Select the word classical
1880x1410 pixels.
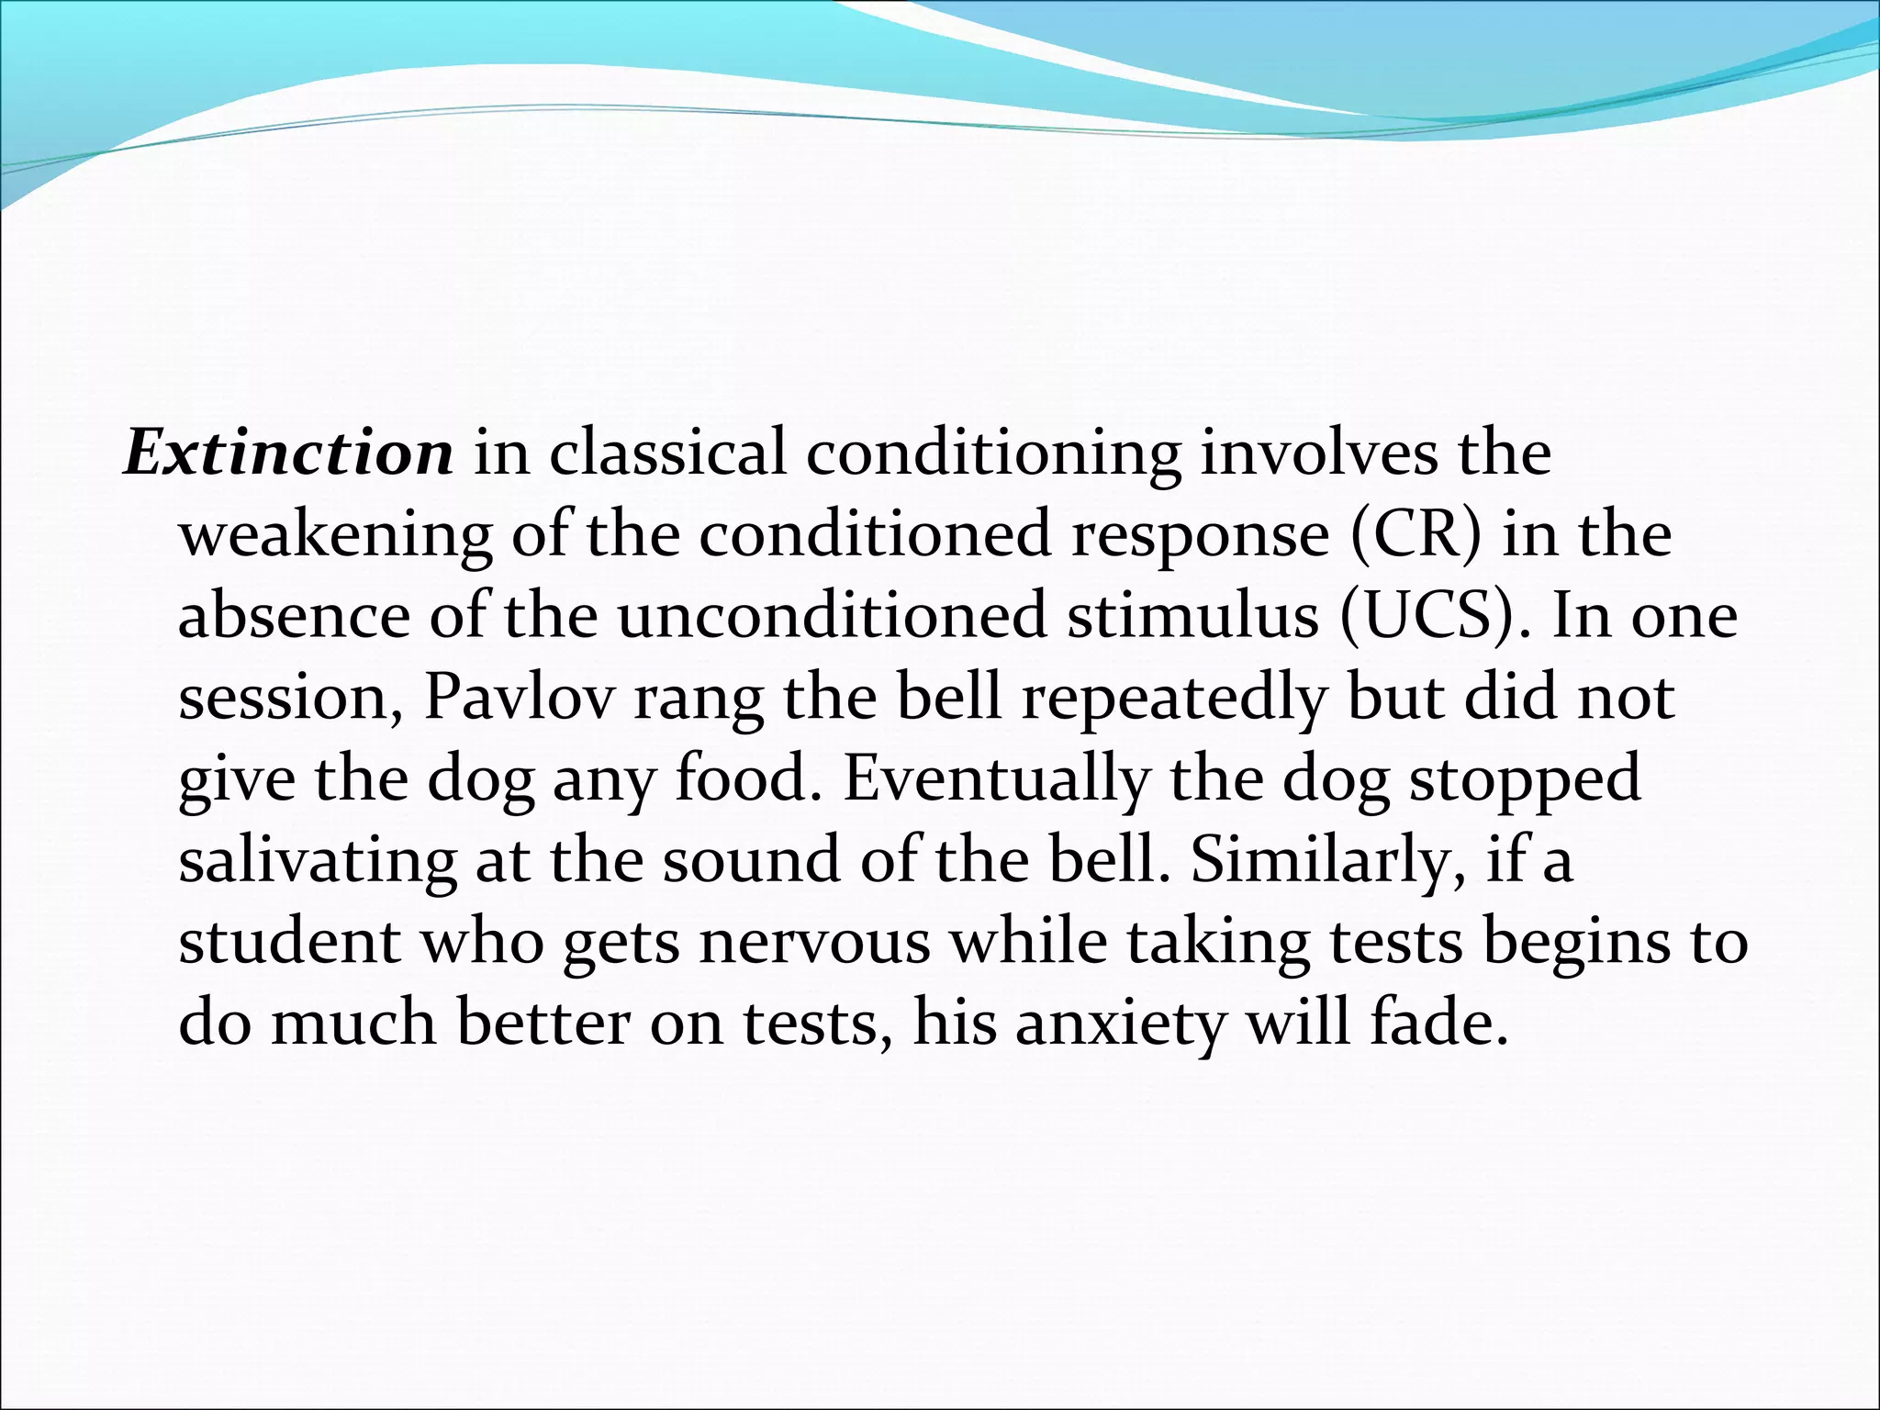(x=667, y=453)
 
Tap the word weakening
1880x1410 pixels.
(x=335, y=534)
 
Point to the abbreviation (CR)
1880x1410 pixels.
(x=1415, y=534)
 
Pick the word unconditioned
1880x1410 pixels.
(x=831, y=615)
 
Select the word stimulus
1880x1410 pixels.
(x=1192, y=615)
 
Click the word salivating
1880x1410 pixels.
(x=317, y=860)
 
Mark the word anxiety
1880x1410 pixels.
(x=1120, y=1024)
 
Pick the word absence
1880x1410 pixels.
(x=294, y=615)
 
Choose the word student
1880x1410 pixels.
(x=289, y=943)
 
